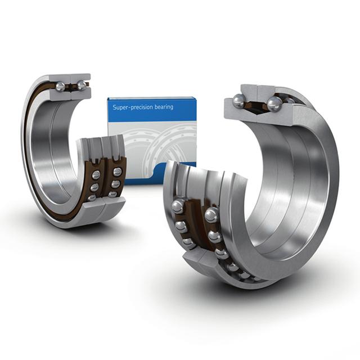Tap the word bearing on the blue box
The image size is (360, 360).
(x=164, y=107)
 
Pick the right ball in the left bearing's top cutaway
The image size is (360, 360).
(x=82, y=85)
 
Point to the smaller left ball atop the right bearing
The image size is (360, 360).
(x=239, y=101)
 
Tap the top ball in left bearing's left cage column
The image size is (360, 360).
(x=96, y=175)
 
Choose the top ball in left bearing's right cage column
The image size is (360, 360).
(x=117, y=171)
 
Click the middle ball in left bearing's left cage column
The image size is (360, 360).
(x=94, y=187)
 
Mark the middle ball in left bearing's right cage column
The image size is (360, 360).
(x=115, y=183)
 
